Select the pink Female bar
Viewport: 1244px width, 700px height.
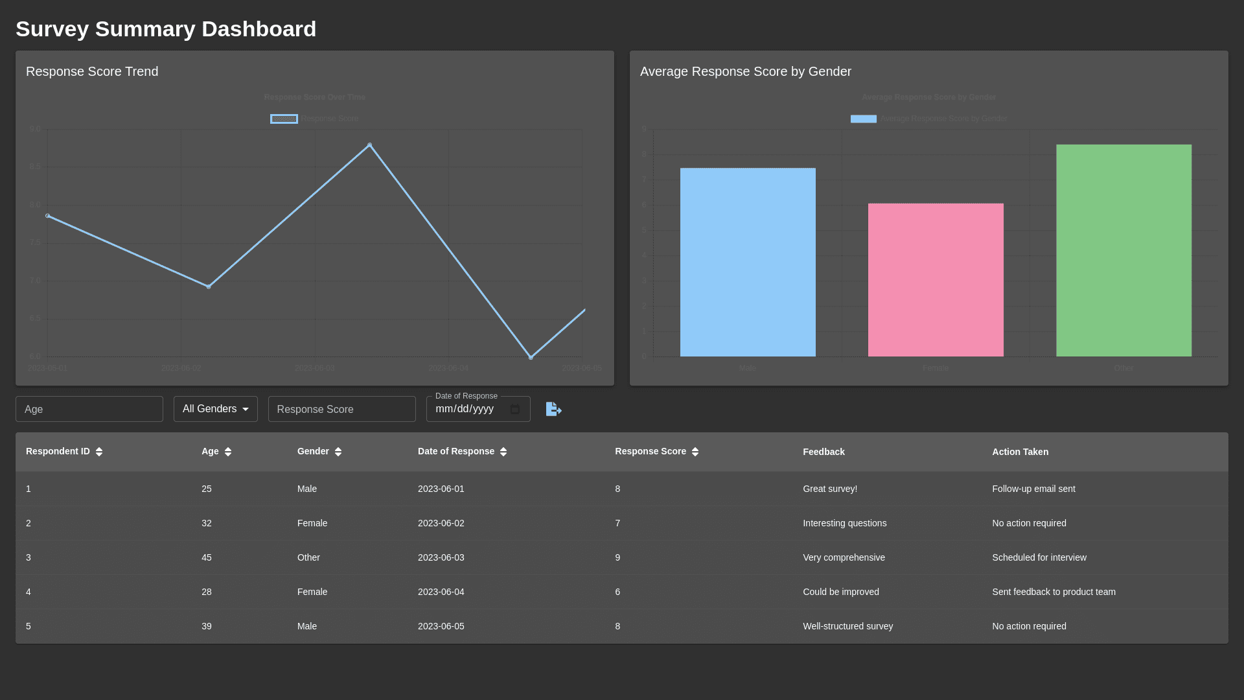point(936,280)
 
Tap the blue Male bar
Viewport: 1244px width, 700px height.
point(748,262)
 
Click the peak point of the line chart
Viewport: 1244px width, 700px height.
point(370,145)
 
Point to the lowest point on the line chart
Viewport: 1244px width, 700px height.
point(531,357)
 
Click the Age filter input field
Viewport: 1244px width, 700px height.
point(89,409)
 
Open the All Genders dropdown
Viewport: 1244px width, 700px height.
point(215,409)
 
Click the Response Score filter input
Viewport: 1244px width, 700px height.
point(341,409)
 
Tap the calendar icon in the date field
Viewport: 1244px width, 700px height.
point(515,409)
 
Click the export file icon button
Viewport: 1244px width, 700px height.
point(553,409)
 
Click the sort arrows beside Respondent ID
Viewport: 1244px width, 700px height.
point(99,452)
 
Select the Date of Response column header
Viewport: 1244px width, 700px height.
point(455,451)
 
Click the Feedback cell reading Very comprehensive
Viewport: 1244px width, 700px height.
point(844,557)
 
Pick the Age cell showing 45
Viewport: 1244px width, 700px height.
point(207,557)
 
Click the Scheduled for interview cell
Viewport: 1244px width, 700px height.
point(1039,557)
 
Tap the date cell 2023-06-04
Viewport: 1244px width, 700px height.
point(441,592)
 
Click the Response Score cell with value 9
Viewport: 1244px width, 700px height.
point(617,557)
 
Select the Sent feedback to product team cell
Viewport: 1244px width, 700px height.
point(1054,592)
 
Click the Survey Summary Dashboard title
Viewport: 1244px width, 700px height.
point(166,29)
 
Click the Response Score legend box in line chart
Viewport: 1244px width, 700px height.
point(284,119)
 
